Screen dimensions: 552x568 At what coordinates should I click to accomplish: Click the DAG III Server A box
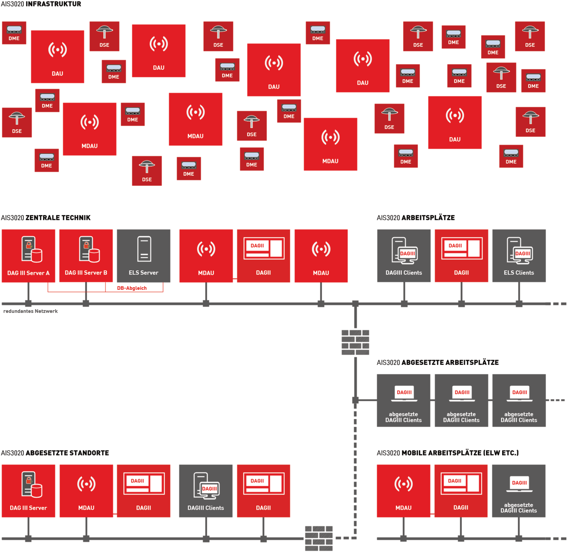[x=28, y=256]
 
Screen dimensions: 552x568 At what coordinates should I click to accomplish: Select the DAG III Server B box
[x=86, y=256]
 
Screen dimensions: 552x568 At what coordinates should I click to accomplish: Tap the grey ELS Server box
[x=144, y=256]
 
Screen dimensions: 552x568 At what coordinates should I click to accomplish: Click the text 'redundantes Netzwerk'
[x=30, y=311]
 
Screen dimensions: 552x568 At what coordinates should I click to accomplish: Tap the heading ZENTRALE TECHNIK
[x=58, y=218]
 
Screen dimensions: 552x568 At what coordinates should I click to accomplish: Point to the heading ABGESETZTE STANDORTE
[x=67, y=453]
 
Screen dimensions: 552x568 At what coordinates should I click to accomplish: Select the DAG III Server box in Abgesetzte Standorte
[x=28, y=491]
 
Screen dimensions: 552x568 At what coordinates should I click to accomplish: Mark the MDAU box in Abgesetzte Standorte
[x=86, y=491]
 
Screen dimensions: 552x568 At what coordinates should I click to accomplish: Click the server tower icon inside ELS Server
[x=144, y=249]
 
